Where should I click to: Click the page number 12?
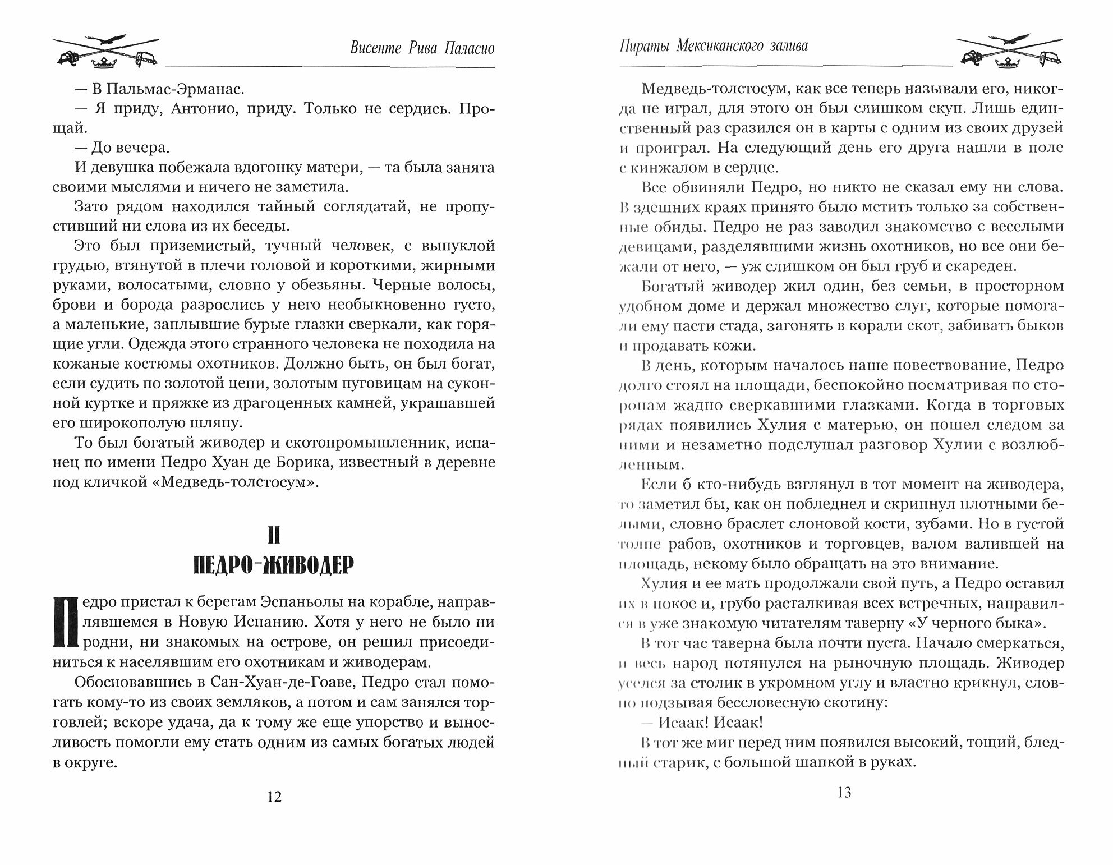click(274, 796)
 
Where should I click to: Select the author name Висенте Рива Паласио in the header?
click(422, 48)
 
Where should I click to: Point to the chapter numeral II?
click(273, 536)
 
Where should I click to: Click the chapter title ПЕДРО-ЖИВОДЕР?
click(273, 566)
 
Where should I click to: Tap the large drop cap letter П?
click(64, 621)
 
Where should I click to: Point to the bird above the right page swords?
click(1010, 38)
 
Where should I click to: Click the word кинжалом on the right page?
click(686, 167)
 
